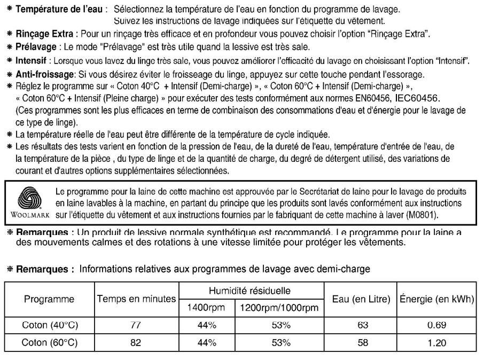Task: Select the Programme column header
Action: click(49, 300)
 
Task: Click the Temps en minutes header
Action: click(136, 300)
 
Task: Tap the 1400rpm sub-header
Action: click(206, 308)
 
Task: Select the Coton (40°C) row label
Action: click(49, 325)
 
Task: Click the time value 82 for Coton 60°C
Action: click(136, 342)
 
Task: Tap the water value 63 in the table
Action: click(363, 325)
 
